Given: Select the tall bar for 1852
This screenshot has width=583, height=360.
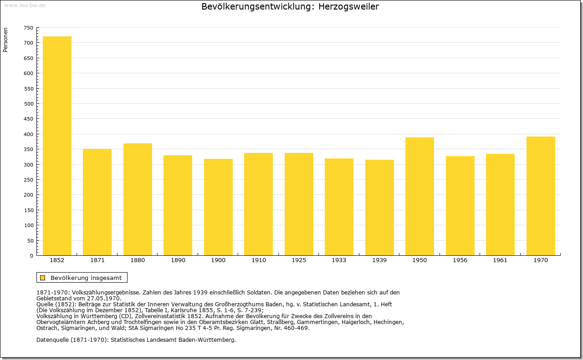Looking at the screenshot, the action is pyautogui.click(x=57, y=146).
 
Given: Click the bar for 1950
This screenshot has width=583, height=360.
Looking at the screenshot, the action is pyautogui.click(x=419, y=197).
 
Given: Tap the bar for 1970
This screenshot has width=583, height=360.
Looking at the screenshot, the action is pyautogui.click(x=541, y=196).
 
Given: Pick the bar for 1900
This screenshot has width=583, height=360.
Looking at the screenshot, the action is pyautogui.click(x=218, y=207).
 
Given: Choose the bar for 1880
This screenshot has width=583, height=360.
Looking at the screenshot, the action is pyautogui.click(x=138, y=199).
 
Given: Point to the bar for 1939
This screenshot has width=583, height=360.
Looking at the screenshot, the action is pyautogui.click(x=379, y=208).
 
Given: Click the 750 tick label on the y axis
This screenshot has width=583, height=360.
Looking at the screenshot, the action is pyautogui.click(x=28, y=28).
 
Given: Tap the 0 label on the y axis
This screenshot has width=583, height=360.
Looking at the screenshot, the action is pyautogui.click(x=31, y=256).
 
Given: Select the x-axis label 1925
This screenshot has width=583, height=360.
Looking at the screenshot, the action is pyautogui.click(x=299, y=260).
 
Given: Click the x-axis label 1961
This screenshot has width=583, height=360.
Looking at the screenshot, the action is pyautogui.click(x=500, y=260).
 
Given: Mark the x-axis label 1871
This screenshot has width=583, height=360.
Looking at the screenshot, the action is pyautogui.click(x=97, y=260).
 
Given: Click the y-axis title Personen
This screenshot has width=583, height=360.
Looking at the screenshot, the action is pyautogui.click(x=5, y=40).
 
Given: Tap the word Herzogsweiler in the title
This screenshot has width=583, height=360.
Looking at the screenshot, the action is pyautogui.click(x=348, y=6).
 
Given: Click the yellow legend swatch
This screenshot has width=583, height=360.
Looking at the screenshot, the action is pyautogui.click(x=42, y=278).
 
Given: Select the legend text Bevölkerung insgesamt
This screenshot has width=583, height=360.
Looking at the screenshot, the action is pyautogui.click(x=86, y=278).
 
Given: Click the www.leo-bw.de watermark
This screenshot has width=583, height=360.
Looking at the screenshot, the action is pyautogui.click(x=25, y=5).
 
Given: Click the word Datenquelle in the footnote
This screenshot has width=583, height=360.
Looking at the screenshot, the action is pyautogui.click(x=52, y=340).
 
